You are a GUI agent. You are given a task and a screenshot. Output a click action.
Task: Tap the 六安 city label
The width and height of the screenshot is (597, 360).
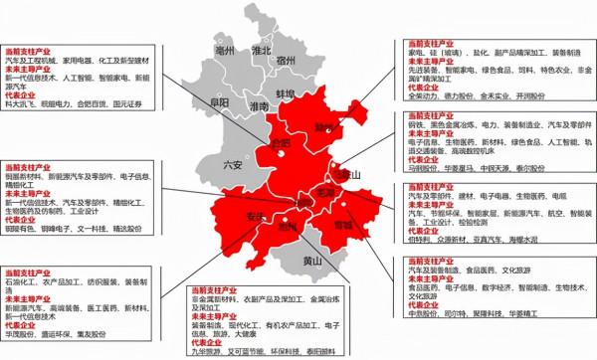click(x=233, y=165)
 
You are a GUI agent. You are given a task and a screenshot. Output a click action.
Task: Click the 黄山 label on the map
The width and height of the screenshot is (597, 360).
click(x=311, y=262)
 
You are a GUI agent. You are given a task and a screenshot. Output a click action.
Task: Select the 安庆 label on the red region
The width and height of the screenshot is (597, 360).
click(x=256, y=217)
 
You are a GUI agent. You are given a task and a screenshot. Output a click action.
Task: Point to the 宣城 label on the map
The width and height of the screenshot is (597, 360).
click(x=342, y=225)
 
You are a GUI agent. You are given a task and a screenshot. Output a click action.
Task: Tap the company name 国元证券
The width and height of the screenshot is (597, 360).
click(x=129, y=102)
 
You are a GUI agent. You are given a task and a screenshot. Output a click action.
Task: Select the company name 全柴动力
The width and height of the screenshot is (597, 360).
click(x=423, y=96)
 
